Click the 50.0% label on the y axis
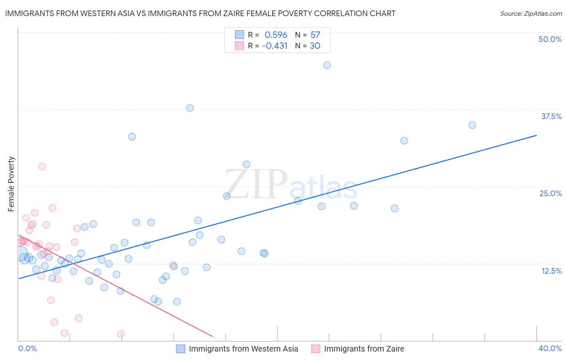550,39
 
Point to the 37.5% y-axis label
551,116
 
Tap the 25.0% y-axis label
550,193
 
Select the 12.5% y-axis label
551,271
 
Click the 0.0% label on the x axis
27,348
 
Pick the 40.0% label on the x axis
550,348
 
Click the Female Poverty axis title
11,184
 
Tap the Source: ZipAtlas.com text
531,14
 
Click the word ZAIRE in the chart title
242,13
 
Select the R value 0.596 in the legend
276,35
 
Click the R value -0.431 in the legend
275,46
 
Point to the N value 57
315,35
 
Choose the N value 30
315,46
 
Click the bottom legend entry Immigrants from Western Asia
243,349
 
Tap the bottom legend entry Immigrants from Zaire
364,349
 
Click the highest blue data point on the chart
327,65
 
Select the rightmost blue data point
472,125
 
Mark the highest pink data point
42,166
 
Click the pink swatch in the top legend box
240,46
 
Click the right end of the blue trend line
536,135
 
